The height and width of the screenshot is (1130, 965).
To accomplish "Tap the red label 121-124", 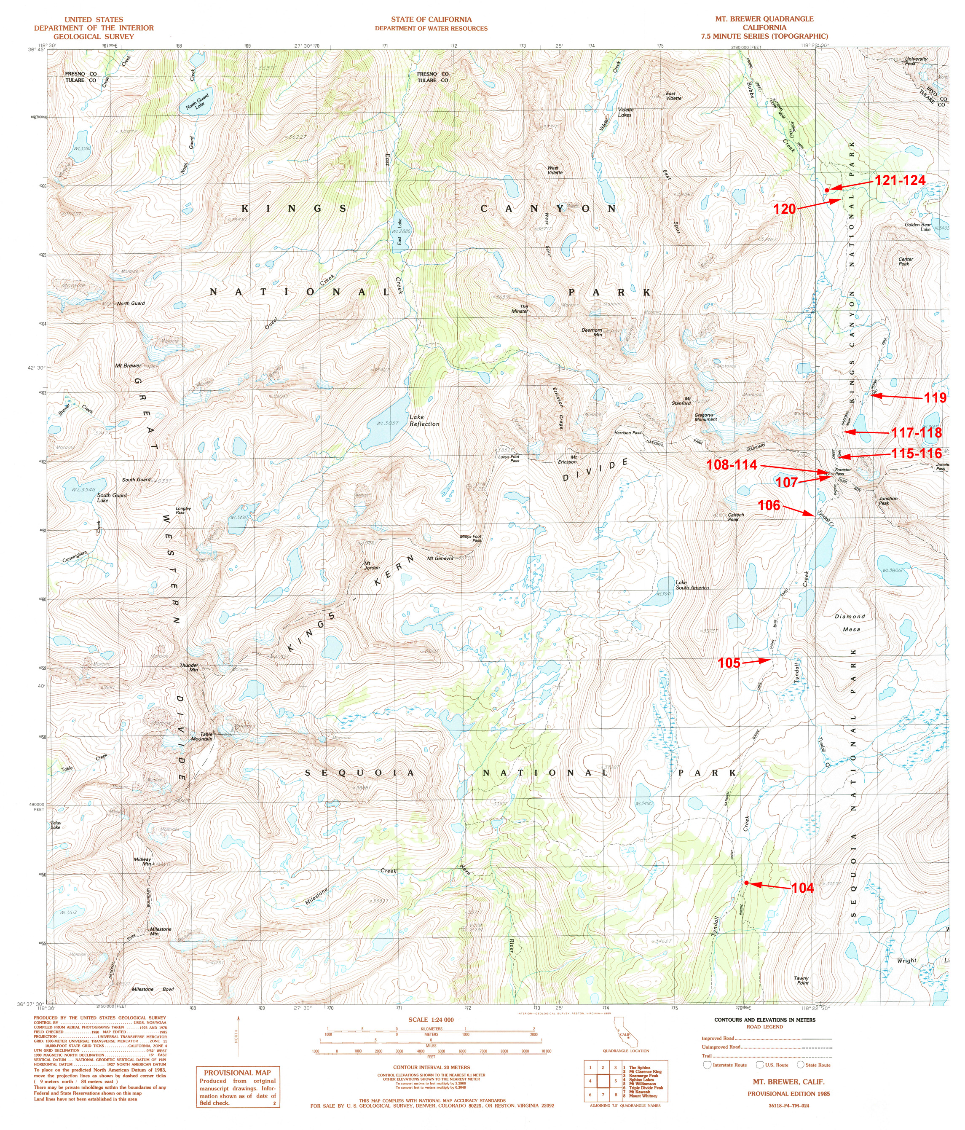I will click(900, 180).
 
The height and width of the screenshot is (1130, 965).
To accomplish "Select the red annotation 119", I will click(935, 398).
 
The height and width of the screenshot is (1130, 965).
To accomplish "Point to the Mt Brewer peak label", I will click(128, 365).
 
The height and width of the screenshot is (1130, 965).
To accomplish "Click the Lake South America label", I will click(692, 585).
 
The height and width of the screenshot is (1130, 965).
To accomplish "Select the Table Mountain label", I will click(202, 736).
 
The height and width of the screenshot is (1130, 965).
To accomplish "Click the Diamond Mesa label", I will click(850, 623).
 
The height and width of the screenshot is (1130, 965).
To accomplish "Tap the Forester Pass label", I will click(842, 472).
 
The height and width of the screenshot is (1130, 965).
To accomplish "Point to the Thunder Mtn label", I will click(189, 668).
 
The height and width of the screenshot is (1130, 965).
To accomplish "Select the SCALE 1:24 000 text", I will click(431, 1019).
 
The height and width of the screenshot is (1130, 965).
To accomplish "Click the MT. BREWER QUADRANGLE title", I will click(764, 19).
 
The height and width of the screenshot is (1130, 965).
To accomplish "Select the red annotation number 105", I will click(728, 663).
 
